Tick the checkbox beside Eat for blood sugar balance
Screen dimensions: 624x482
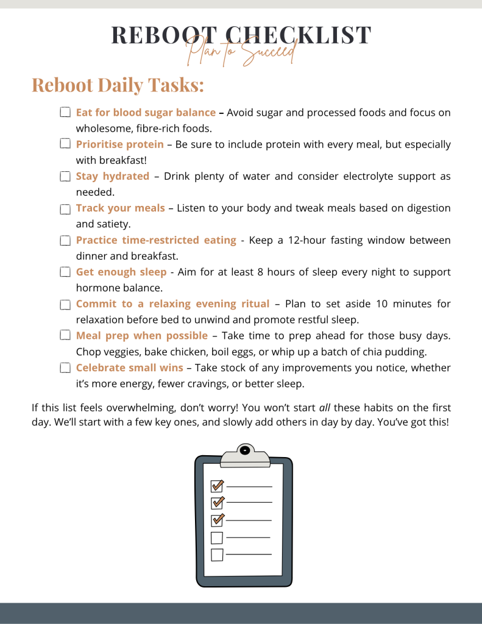(x=65, y=113)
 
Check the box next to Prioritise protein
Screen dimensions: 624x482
(x=65, y=144)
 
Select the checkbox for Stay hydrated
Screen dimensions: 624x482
(x=65, y=177)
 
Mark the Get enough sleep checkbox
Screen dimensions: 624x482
(x=65, y=272)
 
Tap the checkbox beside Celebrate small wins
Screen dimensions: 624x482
(x=65, y=367)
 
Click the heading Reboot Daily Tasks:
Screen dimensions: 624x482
(x=118, y=85)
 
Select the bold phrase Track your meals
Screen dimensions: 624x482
(x=120, y=208)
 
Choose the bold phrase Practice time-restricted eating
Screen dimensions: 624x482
(x=156, y=239)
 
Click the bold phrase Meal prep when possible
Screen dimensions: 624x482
(x=141, y=335)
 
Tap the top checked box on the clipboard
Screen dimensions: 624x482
(x=216, y=486)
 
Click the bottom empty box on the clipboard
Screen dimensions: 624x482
(x=216, y=555)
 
